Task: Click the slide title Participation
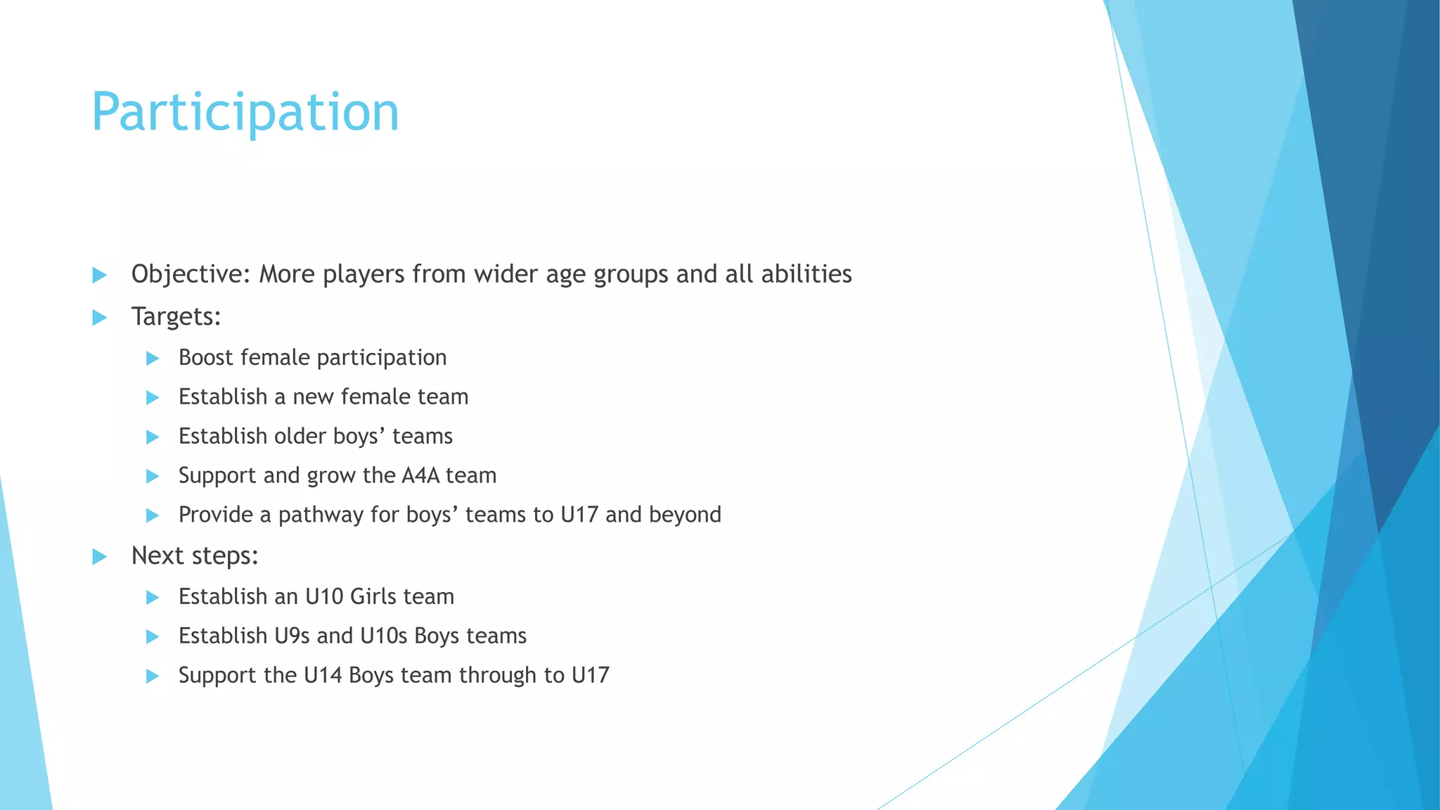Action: pos(245,112)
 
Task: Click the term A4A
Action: pos(420,476)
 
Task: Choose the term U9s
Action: pos(292,636)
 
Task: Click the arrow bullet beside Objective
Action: pos(99,275)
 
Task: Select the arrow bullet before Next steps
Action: pos(99,557)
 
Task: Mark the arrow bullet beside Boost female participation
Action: pos(152,359)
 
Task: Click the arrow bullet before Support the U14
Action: pos(152,676)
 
